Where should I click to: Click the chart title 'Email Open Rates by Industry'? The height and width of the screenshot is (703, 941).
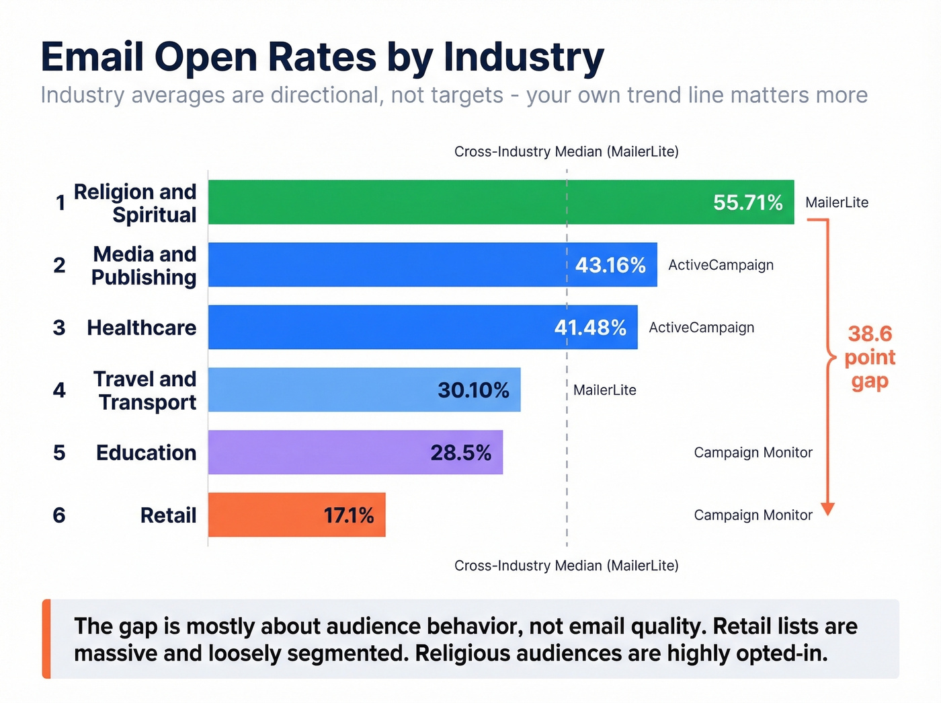click(322, 57)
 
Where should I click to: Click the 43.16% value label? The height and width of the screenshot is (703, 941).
click(610, 265)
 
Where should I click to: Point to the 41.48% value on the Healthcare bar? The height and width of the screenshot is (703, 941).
click(590, 328)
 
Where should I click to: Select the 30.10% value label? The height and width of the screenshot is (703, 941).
click(473, 390)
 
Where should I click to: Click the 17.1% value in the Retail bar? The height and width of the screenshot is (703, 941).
click(348, 515)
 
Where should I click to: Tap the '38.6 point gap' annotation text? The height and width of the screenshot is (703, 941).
click(870, 357)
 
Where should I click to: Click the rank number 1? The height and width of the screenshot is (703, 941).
click(60, 202)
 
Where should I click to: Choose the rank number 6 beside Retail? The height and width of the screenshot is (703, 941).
click(59, 515)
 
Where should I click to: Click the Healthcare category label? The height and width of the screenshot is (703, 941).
click(142, 328)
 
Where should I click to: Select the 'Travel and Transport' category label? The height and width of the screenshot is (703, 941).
click(145, 390)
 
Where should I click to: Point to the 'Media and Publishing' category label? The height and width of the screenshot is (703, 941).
click(144, 265)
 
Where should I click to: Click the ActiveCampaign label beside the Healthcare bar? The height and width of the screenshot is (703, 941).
click(701, 328)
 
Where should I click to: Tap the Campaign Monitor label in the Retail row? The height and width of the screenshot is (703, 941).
click(753, 515)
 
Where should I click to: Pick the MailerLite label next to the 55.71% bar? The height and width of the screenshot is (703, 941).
click(837, 202)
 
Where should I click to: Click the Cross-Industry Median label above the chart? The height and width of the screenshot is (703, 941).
click(566, 151)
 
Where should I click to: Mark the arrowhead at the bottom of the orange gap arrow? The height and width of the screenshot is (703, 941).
click(828, 509)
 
